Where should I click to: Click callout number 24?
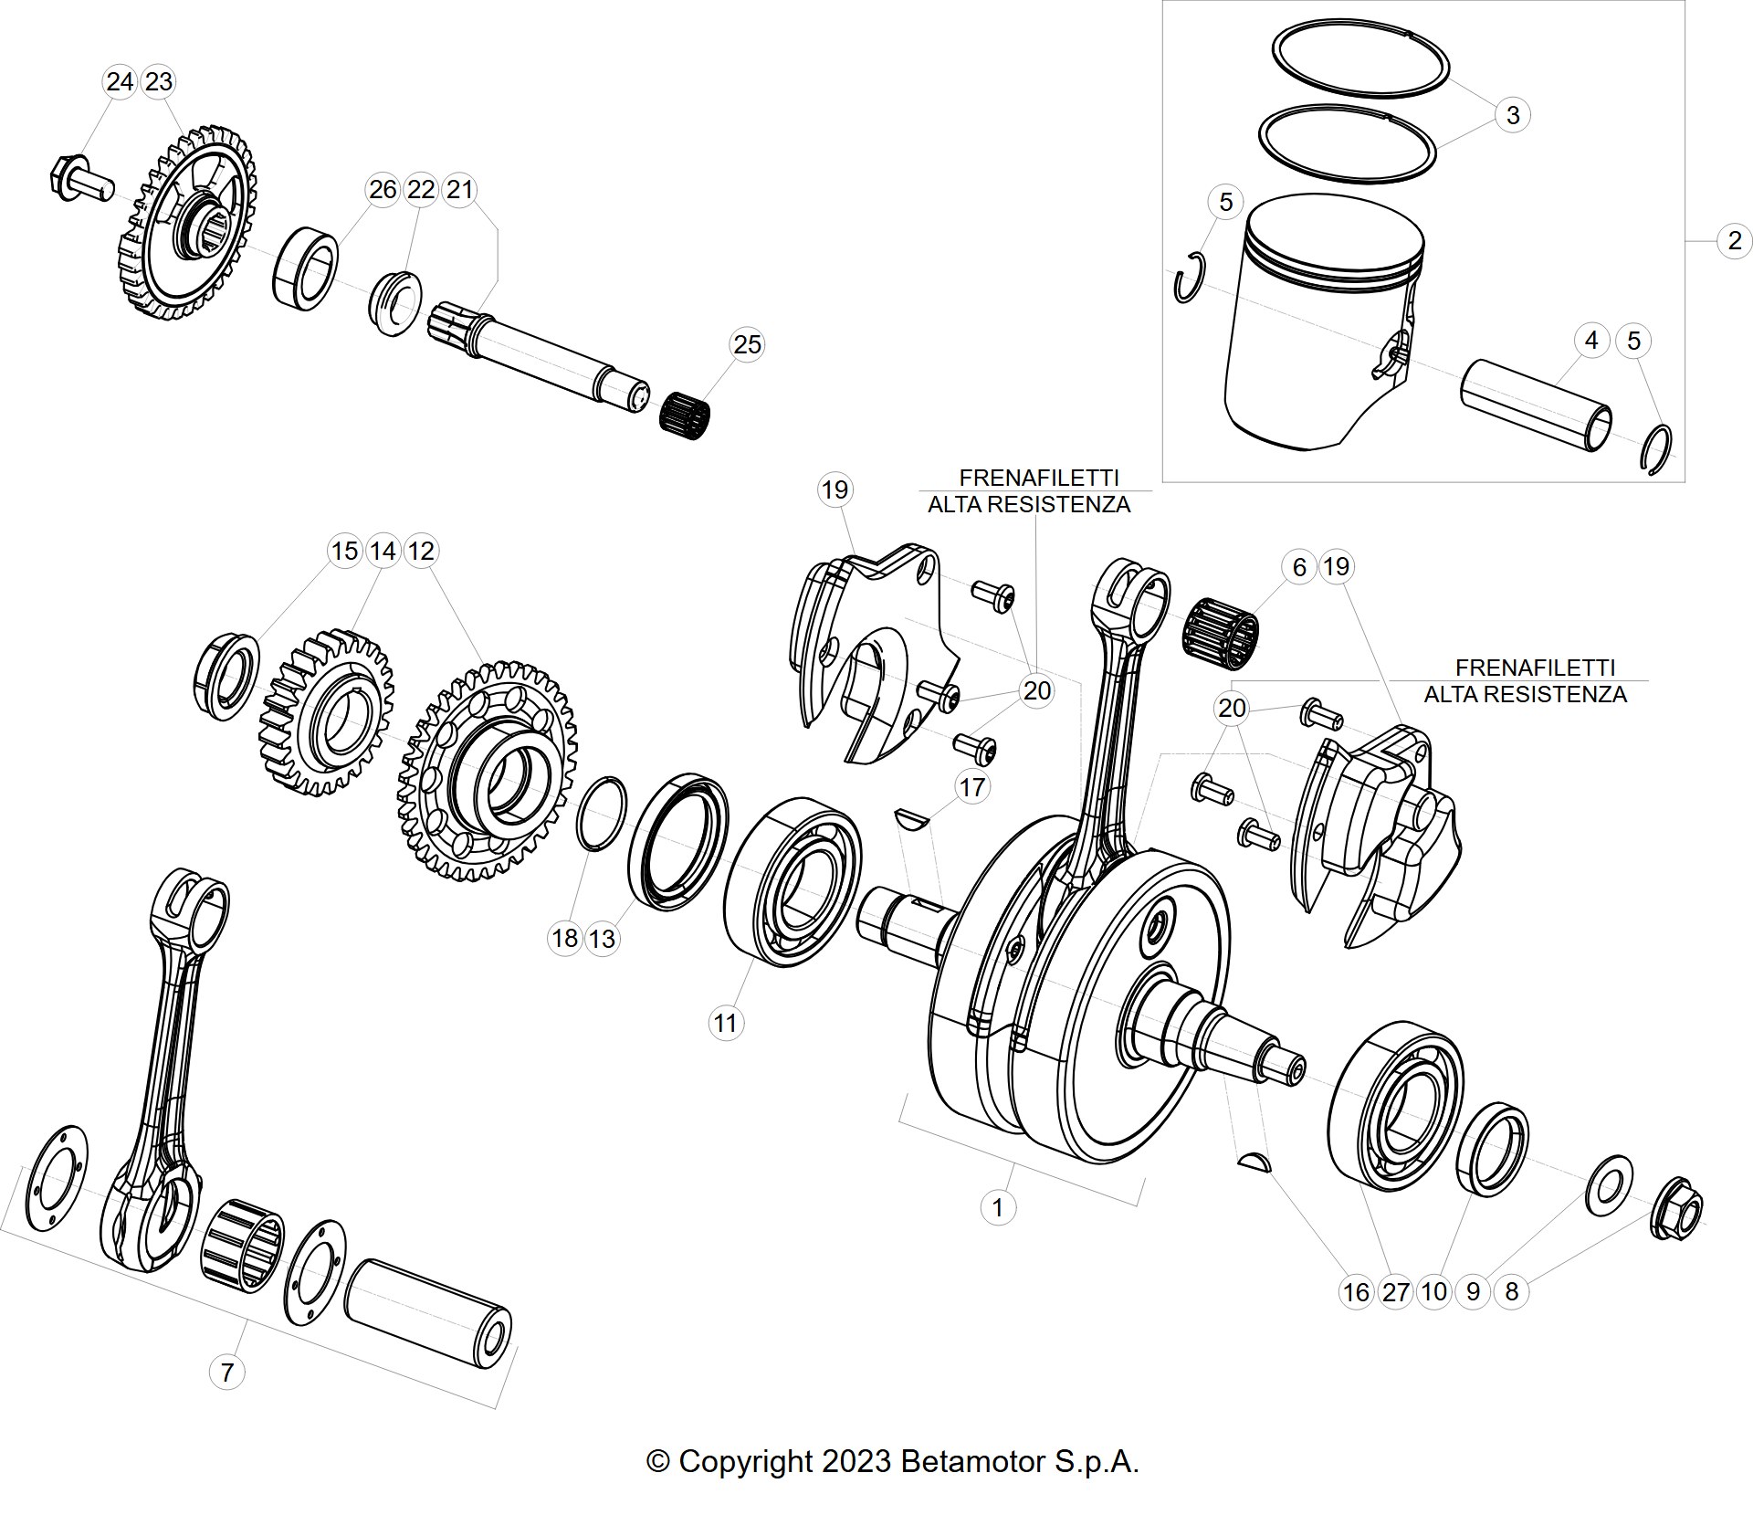(120, 82)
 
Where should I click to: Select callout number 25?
(747, 344)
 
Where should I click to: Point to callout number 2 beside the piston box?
(1734, 241)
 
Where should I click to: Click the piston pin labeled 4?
(1536, 405)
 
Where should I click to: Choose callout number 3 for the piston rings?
(1512, 115)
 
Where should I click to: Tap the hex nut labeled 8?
(1677, 1208)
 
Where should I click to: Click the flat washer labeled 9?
(1609, 1185)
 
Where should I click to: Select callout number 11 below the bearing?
(725, 1023)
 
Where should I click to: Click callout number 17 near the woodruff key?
(972, 786)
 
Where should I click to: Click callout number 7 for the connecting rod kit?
(226, 1372)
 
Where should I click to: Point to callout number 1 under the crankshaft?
(997, 1207)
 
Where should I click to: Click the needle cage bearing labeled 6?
(1221, 629)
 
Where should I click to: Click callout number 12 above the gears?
(421, 551)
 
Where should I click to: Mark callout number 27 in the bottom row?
(1395, 1291)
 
